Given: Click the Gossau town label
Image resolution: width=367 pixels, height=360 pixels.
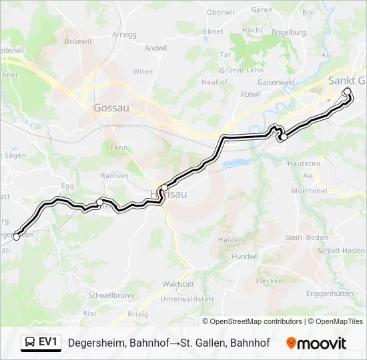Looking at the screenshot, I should pyautogui.click(x=111, y=107).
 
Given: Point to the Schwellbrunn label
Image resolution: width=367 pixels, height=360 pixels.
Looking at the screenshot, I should pyautogui.click(x=110, y=295).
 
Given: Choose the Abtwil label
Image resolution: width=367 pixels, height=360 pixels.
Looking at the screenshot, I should pyautogui.click(x=251, y=94).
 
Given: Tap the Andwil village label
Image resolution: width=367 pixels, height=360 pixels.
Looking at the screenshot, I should pyautogui.click(x=155, y=48).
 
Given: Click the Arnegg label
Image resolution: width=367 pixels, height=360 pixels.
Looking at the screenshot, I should pyautogui.click(x=125, y=35).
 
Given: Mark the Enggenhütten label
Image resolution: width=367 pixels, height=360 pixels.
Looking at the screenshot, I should pyautogui.click(x=330, y=293).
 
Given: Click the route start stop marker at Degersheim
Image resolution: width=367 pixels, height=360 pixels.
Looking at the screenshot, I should pyautogui.click(x=16, y=237).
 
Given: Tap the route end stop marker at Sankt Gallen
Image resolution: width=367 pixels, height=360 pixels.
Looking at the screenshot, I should pyautogui.click(x=346, y=92).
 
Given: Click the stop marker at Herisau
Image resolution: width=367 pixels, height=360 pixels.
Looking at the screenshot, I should pyautogui.click(x=163, y=188).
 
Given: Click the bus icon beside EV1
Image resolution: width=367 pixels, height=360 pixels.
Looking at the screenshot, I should pyautogui.click(x=30, y=343).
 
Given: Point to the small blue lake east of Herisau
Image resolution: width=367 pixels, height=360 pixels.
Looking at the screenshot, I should pyautogui.click(x=233, y=162).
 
